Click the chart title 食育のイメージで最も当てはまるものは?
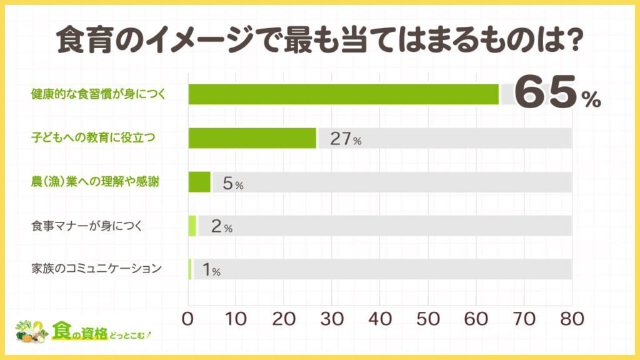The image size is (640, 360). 320,42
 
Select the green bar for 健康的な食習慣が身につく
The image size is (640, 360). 343,94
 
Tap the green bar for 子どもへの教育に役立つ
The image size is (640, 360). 252,138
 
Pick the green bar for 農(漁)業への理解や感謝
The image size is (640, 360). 199,182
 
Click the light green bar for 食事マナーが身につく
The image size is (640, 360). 192,226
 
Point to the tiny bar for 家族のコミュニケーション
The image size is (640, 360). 190,269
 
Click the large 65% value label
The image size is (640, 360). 558,95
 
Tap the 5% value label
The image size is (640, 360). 232,183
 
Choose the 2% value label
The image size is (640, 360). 222,227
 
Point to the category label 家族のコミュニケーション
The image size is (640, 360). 96,269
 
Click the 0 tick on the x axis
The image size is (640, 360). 189,317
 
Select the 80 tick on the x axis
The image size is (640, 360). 571,317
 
